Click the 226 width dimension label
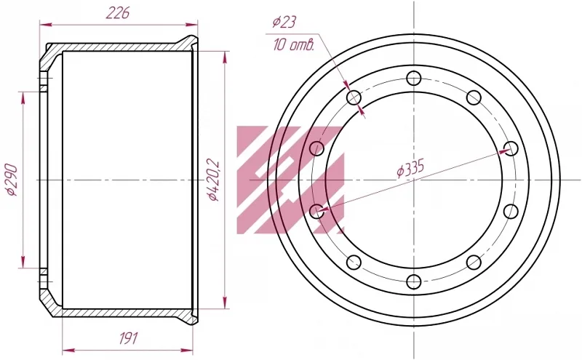click(x=118, y=13)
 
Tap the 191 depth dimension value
click(x=129, y=338)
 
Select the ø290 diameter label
click(x=12, y=180)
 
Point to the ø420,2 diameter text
click(x=214, y=180)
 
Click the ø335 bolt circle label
click(x=410, y=169)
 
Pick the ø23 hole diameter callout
click(x=284, y=22)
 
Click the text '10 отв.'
click(x=294, y=45)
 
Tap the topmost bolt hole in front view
click(x=413, y=79)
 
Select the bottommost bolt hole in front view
click(x=413, y=281)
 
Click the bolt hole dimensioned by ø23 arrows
click(x=354, y=98)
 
